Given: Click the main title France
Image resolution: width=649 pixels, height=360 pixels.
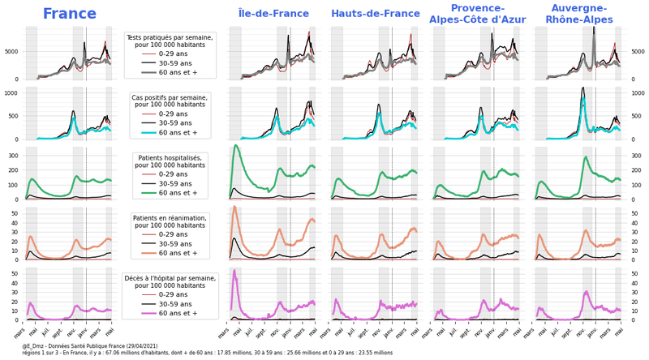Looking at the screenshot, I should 69,14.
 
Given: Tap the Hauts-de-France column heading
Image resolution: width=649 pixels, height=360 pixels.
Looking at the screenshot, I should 374,14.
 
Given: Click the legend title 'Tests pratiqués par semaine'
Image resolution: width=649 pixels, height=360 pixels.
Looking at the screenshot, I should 170,37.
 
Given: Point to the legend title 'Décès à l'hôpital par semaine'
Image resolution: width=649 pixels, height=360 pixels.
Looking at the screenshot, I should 170,278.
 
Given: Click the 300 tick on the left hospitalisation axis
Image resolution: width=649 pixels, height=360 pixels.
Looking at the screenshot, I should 15,150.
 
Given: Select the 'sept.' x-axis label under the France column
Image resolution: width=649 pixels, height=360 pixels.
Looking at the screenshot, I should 58,332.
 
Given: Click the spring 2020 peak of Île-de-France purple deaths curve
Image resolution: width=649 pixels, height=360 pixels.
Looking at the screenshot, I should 234,272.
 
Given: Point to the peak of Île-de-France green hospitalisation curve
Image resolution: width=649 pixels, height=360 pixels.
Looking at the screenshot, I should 236,146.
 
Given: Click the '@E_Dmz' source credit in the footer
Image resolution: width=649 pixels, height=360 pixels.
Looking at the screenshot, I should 32,346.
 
